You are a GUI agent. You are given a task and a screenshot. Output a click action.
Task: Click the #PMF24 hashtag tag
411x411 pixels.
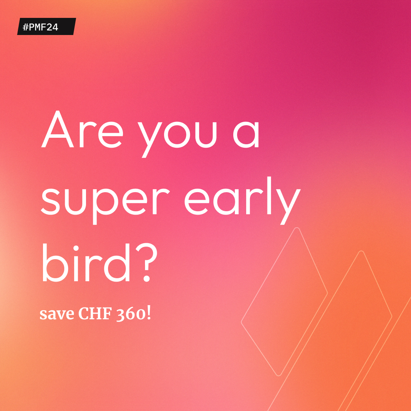46,27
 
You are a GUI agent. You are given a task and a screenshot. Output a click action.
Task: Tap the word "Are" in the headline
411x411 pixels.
82,130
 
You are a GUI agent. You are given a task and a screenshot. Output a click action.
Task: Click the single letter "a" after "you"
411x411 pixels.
246,135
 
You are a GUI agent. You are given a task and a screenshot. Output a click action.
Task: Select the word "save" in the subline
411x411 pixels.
57,314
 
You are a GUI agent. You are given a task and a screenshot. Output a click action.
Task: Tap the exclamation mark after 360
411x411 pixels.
148,314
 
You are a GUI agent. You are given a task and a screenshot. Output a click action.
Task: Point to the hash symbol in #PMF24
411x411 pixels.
25,27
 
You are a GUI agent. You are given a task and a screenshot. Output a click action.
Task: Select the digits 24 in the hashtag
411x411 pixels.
53,27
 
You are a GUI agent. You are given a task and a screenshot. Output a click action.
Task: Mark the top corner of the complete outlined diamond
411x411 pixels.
297,228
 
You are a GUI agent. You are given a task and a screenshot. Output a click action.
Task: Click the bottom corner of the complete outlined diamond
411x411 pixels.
279,375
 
